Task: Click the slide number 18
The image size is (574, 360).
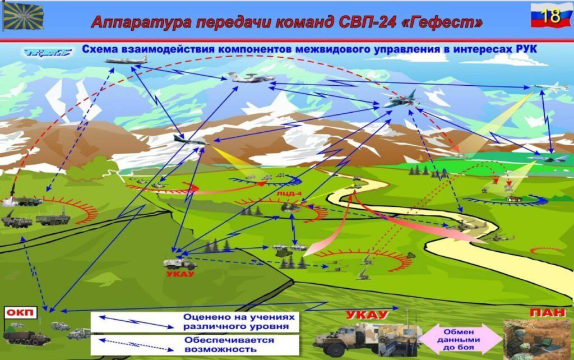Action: point(550,16)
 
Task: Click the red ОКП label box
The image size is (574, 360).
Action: point(21,312)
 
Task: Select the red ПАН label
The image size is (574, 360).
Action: point(547,312)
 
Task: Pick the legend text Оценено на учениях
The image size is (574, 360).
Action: point(239,317)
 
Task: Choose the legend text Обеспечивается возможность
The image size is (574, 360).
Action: point(229,345)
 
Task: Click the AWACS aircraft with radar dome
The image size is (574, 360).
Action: point(251,77)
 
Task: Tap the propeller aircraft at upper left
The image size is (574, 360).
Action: point(126,60)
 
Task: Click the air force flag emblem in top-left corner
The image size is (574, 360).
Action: point(24,16)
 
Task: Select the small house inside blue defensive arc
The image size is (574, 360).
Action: point(511,199)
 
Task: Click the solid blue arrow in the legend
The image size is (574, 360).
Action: point(136,321)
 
